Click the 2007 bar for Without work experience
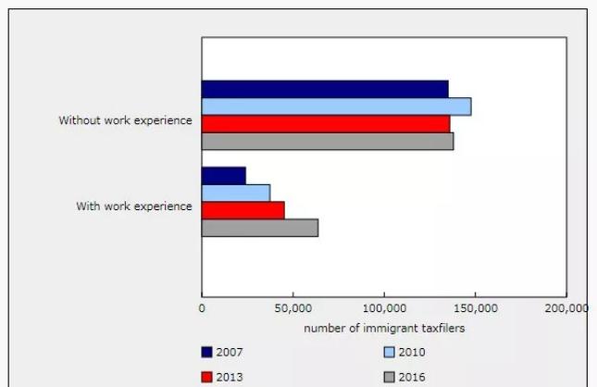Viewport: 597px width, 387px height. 325,89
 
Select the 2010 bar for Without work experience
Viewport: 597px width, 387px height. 336,106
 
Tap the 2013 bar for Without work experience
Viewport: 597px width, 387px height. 326,124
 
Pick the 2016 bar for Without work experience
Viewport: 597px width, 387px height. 328,142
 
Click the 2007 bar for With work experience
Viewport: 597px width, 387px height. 224,175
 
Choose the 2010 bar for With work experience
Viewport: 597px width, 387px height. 236,193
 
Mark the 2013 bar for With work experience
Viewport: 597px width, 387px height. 243,210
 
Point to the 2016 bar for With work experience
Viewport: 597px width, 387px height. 260,228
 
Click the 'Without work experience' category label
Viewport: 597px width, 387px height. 126,120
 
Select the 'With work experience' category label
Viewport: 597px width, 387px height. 134,206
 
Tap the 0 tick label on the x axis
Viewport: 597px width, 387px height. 202,309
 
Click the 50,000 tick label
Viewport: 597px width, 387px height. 292,309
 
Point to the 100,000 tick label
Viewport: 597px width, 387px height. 383,309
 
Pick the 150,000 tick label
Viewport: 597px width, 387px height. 474,309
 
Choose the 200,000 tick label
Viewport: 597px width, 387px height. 566,309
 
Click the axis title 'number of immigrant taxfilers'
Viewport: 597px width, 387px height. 384,328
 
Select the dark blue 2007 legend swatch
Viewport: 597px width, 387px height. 206,352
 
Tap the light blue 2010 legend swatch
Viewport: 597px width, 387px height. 389,352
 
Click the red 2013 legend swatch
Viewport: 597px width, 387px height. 206,377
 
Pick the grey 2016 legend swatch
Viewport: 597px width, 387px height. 389,377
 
